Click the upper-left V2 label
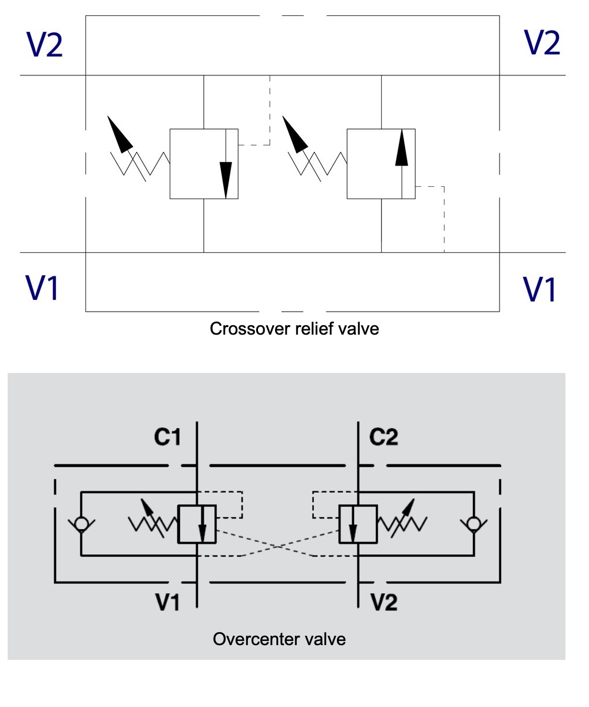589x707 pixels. point(45,45)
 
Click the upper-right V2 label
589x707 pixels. point(542,42)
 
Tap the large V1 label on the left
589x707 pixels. point(42,287)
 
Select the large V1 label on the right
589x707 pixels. point(540,289)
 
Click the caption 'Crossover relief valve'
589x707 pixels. point(294,328)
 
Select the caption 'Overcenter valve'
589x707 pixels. point(279,639)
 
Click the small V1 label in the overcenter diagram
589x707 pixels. point(167,602)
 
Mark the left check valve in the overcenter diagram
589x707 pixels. point(81,523)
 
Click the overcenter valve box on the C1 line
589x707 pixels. point(197,524)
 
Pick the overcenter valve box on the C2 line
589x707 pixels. point(358,524)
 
